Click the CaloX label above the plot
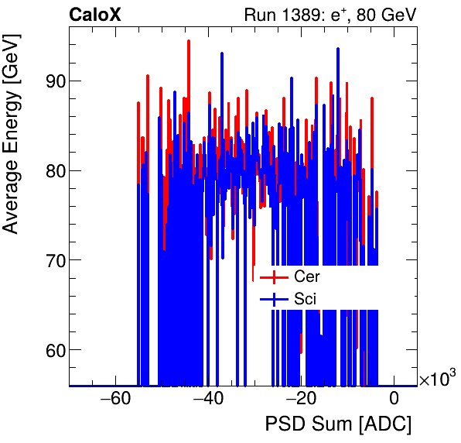pos(95,15)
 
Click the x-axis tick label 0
pos(394,400)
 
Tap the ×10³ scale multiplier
pos(437,379)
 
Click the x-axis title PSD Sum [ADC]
pos(338,424)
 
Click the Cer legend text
pos(307,276)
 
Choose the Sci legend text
pos(305,299)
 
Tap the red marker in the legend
pos(274,277)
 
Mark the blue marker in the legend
pos(274,299)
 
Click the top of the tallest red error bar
pos(188,40)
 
